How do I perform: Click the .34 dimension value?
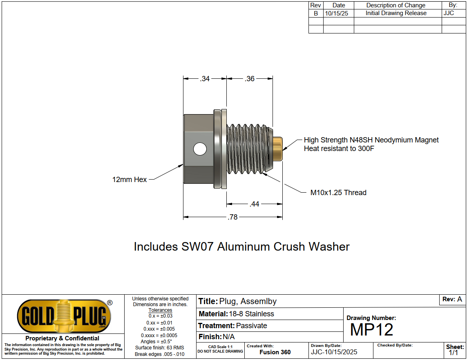coord(205,79)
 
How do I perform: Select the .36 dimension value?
coord(250,79)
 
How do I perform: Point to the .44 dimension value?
coord(255,204)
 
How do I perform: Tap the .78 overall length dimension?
coord(232,217)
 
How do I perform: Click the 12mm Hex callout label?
coord(130,179)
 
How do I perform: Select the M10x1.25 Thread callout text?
coord(338,193)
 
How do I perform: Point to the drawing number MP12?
coord(371,330)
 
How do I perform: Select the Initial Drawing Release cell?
coord(396,13)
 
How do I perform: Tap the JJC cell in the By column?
coord(449,13)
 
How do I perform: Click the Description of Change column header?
coord(396,5)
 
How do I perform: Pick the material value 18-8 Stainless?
coord(251,314)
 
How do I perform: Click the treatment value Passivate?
coord(252,326)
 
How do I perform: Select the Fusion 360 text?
coord(275,352)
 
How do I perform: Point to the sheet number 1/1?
coord(454,353)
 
